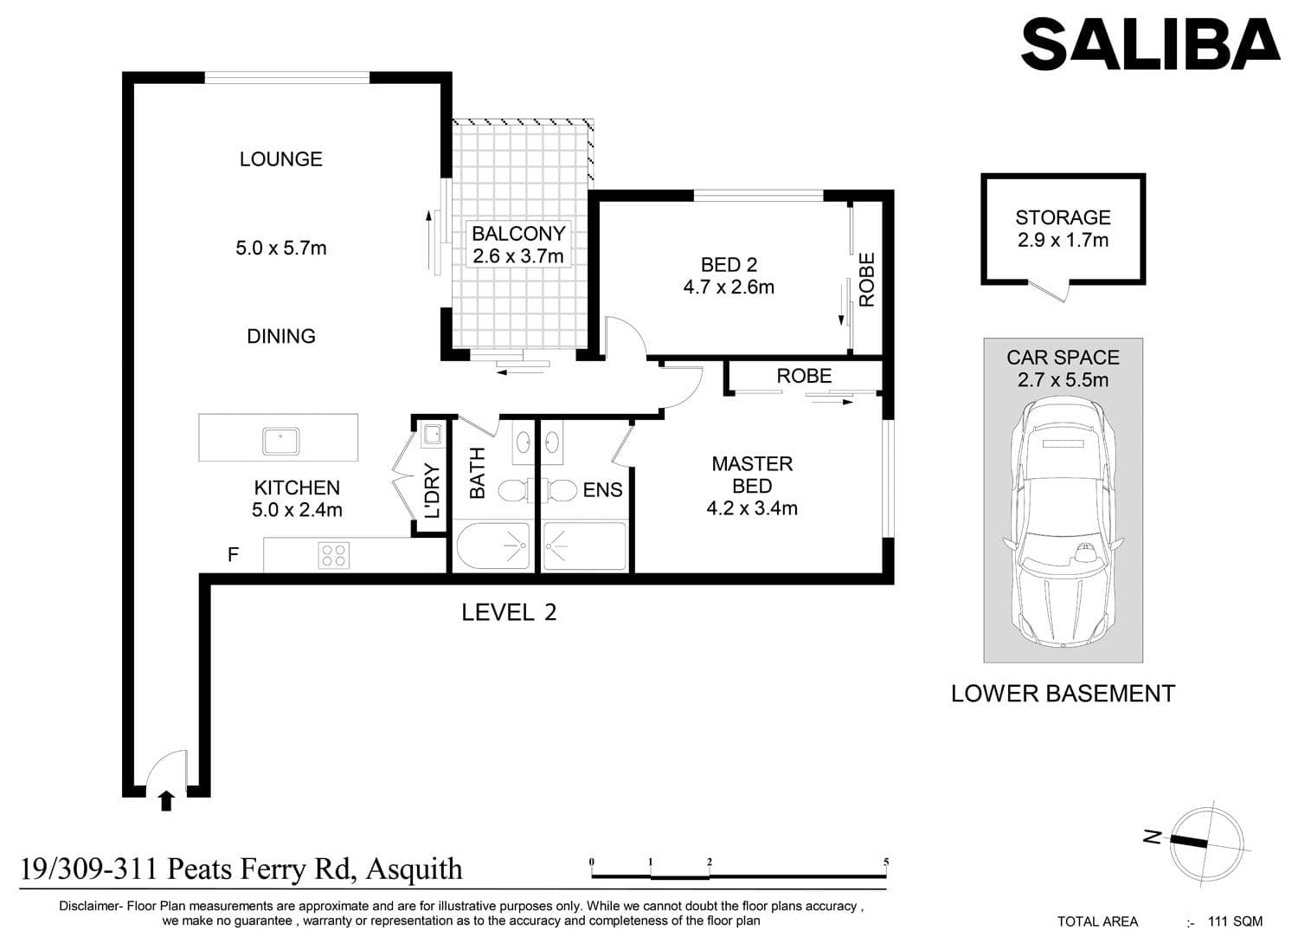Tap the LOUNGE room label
281,158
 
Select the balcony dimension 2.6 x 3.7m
518,255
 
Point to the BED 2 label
729,265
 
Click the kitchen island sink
280,442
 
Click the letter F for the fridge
233,555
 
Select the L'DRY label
433,490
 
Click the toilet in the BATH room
512,490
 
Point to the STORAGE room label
1063,217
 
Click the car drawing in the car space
1063,522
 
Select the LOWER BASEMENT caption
1063,694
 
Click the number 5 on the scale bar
886,863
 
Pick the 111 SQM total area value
1235,921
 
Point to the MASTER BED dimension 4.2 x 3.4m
752,508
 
